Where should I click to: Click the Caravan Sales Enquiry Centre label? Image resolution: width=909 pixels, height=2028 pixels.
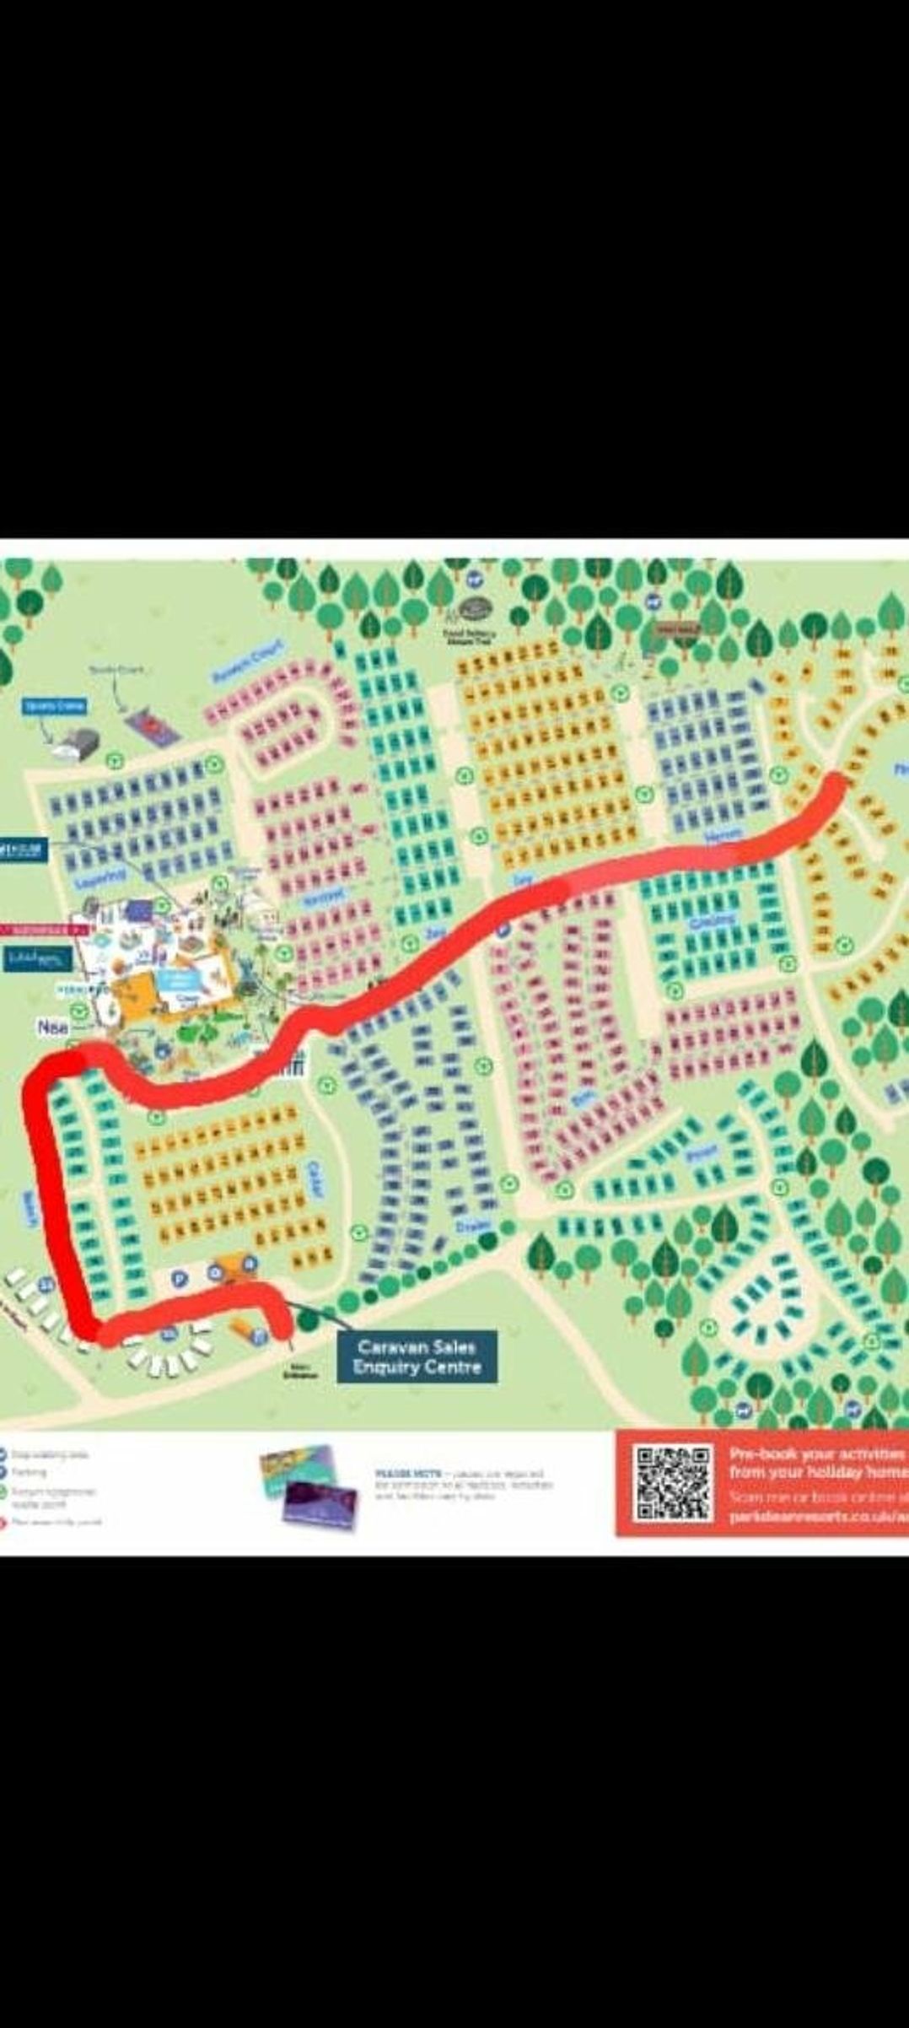pyautogui.click(x=417, y=1357)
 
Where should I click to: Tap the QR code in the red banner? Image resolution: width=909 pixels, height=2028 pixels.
pyautogui.click(x=674, y=1484)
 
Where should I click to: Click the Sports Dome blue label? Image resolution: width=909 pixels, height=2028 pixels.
pyautogui.click(x=55, y=705)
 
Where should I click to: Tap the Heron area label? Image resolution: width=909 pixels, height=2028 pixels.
pyautogui.click(x=722, y=835)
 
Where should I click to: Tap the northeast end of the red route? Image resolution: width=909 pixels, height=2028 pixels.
pyautogui.click(x=835, y=786)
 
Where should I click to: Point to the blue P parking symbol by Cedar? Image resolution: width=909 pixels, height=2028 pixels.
pyautogui.click(x=179, y=1278)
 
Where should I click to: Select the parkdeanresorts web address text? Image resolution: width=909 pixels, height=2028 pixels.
pyautogui.click(x=814, y=1515)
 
